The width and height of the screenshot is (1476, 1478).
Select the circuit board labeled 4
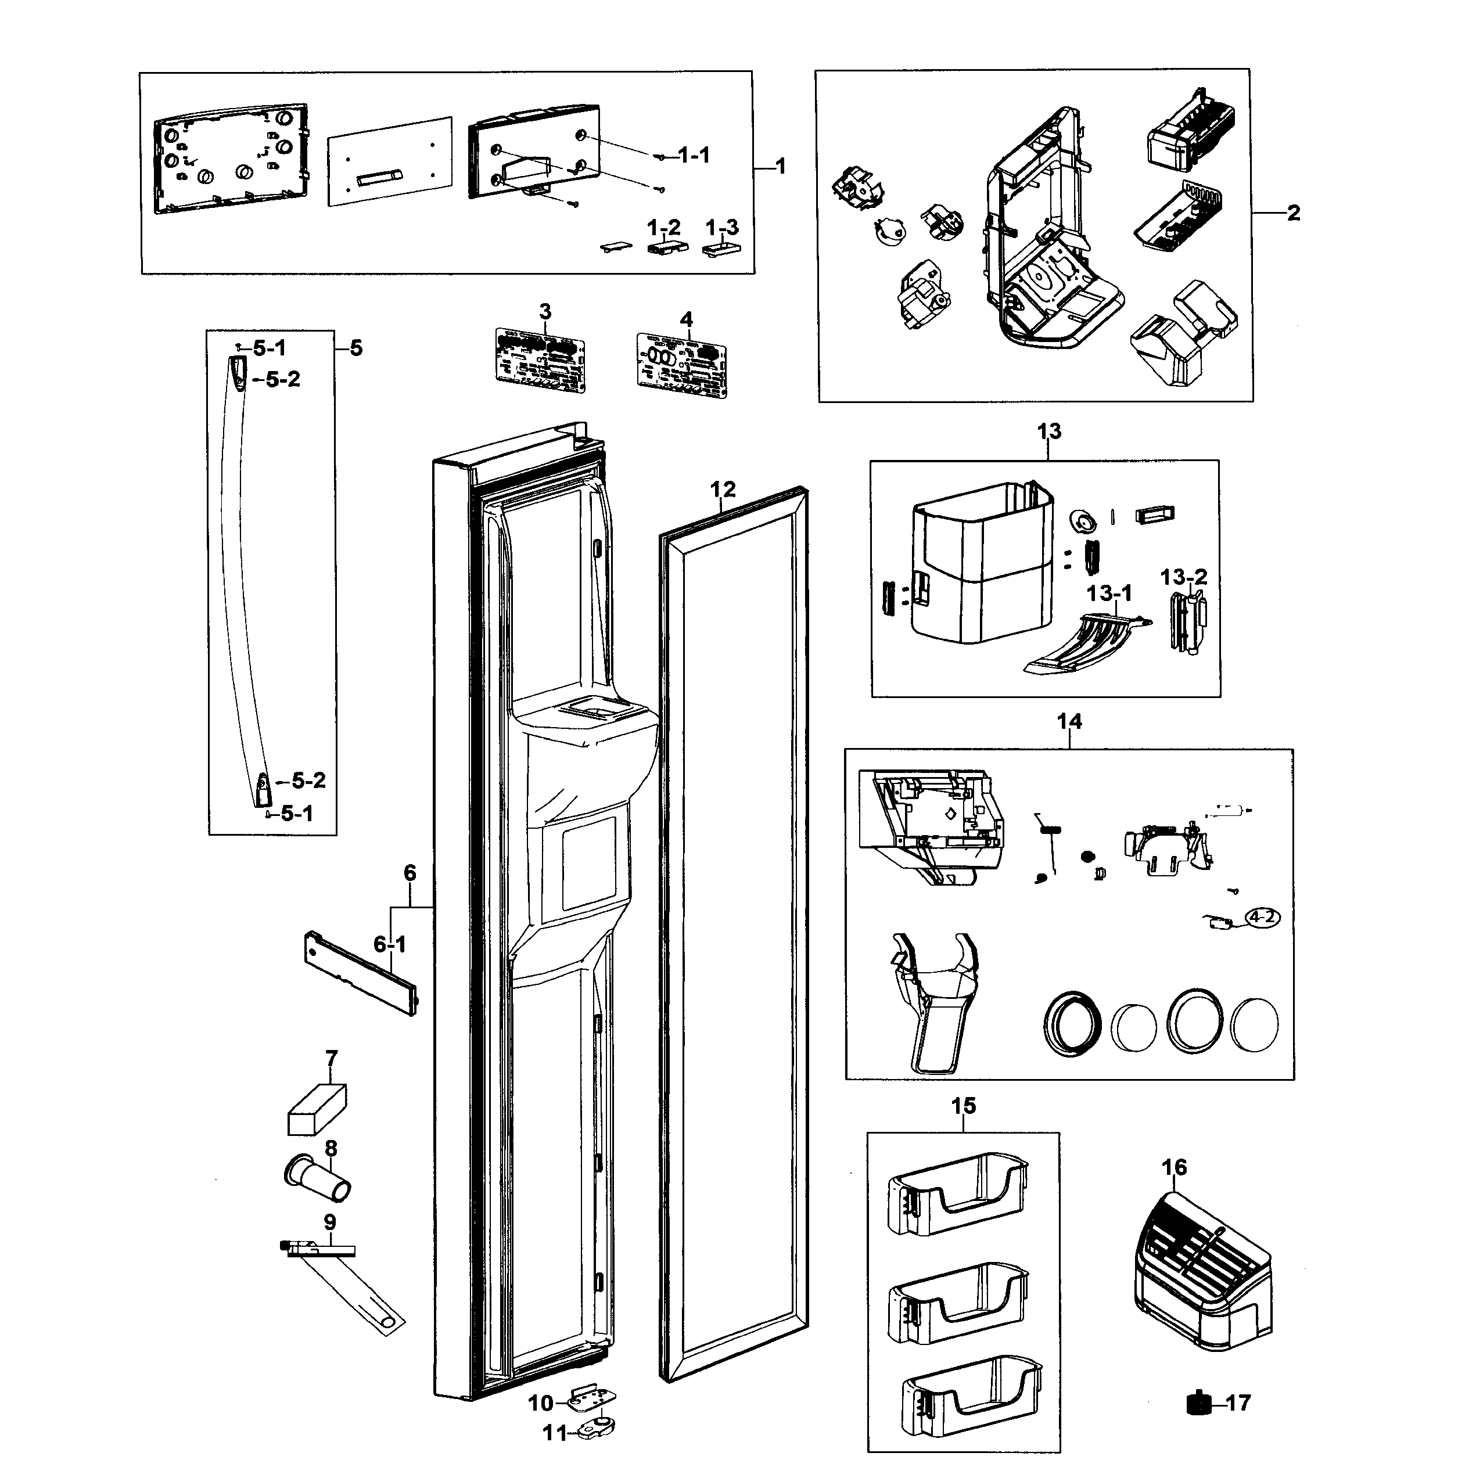tap(682, 364)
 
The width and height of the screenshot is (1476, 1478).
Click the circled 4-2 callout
tap(1262, 916)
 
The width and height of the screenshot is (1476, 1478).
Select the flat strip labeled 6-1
tap(360, 972)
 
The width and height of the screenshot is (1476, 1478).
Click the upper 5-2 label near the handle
tap(283, 379)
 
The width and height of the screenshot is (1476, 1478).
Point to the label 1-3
tap(721, 228)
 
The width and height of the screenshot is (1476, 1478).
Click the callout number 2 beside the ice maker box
tap(1293, 214)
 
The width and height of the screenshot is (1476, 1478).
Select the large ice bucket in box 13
tap(981, 564)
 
